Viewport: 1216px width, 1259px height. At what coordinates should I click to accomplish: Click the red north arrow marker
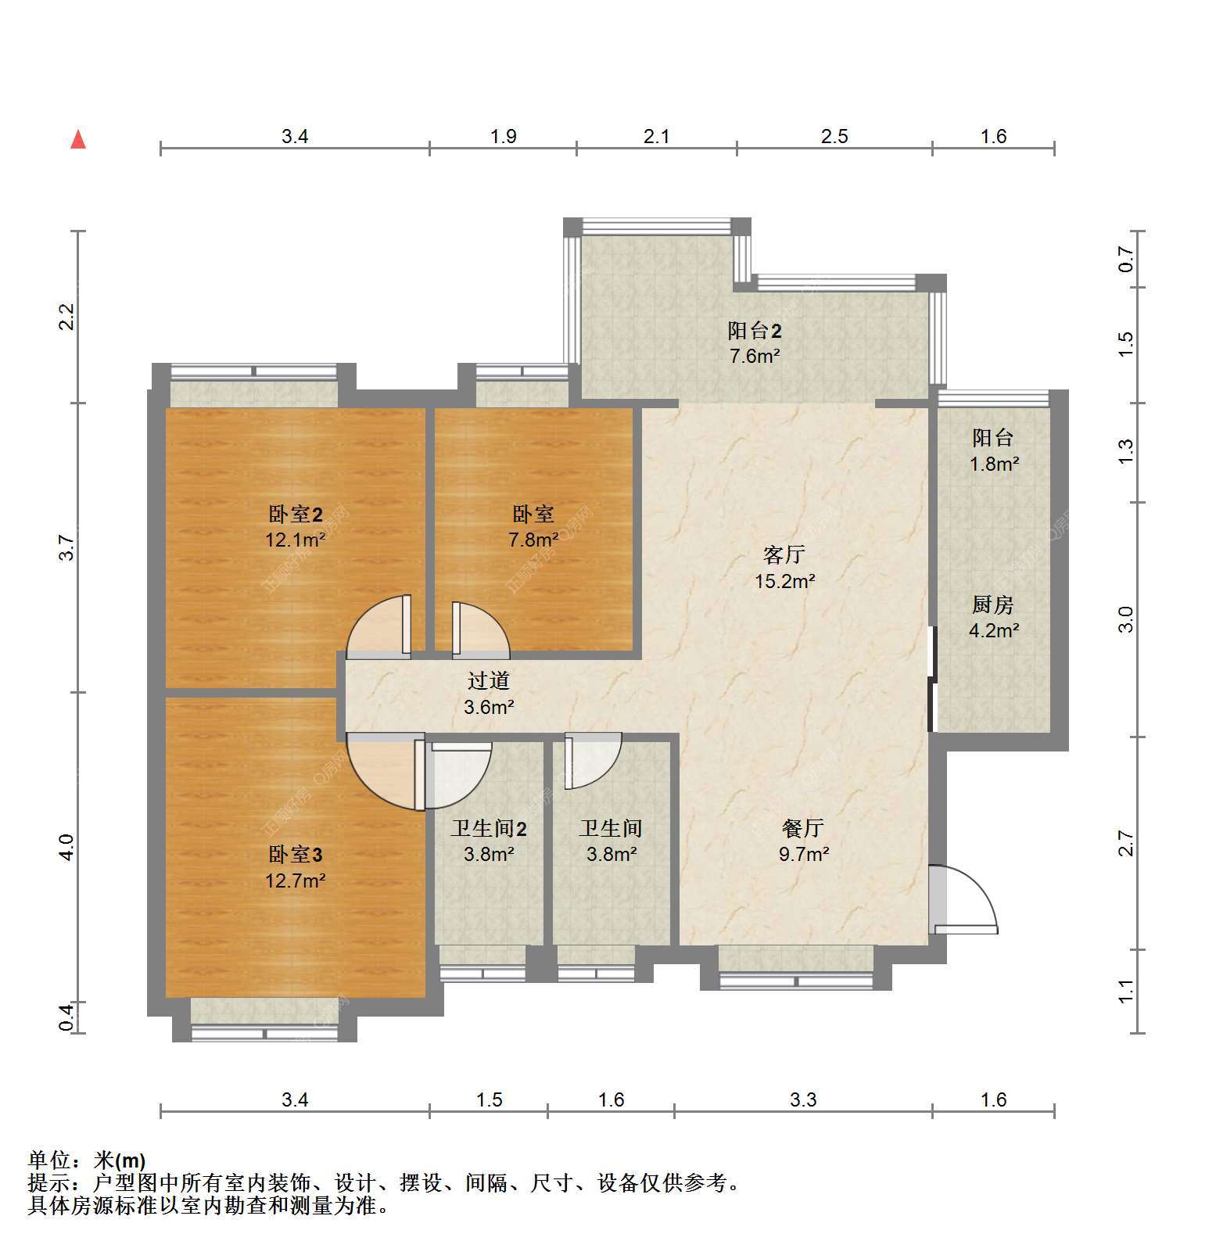[78, 139]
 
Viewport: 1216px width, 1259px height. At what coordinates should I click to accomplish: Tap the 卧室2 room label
[296, 515]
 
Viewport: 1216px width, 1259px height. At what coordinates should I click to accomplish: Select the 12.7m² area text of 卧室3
[296, 881]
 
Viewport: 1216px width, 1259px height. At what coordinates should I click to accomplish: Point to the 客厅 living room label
[784, 555]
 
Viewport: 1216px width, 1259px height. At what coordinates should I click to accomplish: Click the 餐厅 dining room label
[803, 828]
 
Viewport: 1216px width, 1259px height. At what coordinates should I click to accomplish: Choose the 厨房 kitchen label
[993, 604]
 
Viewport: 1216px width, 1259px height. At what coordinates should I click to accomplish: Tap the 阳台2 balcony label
[755, 331]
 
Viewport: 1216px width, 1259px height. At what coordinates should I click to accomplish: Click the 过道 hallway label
[489, 681]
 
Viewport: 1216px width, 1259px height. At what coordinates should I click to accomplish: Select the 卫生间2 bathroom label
[489, 828]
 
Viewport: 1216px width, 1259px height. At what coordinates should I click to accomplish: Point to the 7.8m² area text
[533, 540]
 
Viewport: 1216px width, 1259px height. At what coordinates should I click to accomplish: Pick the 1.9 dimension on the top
[504, 137]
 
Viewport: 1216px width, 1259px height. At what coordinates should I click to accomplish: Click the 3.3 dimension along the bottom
[803, 1100]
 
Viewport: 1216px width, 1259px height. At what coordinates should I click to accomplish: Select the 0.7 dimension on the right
[1125, 259]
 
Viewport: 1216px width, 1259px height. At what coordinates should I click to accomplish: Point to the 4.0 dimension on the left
[66, 848]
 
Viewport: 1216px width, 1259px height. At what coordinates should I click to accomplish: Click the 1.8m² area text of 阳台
[994, 465]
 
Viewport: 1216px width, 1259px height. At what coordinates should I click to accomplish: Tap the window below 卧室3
[265, 1033]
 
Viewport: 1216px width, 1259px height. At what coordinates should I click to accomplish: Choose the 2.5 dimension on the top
[834, 137]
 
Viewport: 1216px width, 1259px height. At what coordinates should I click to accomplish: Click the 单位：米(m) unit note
[87, 1160]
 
